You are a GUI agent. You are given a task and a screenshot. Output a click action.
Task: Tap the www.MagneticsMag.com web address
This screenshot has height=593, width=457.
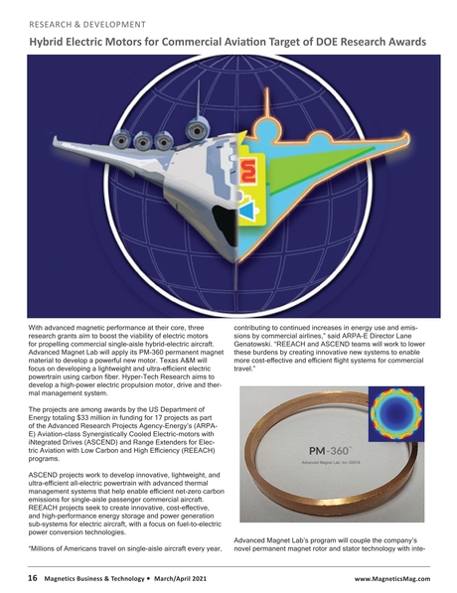click(x=391, y=574)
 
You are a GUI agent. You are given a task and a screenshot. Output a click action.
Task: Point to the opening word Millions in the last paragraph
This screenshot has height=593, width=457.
click(x=57, y=549)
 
